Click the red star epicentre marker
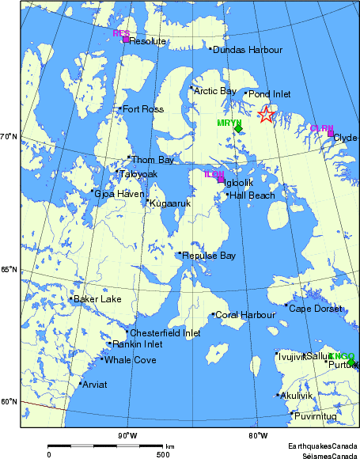pos(266,115)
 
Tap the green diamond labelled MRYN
pos(238,129)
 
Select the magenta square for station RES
pos(125,40)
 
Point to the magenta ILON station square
pos(221,180)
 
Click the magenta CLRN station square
pos(331,133)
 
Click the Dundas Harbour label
pos(248,50)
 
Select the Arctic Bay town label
pos(215,91)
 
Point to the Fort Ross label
pos(142,108)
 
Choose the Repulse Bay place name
pos(209,256)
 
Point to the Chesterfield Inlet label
pos(165,333)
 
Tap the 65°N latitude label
pos(9,270)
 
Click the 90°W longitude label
pos(127,435)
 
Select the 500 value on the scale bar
pos(162,454)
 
